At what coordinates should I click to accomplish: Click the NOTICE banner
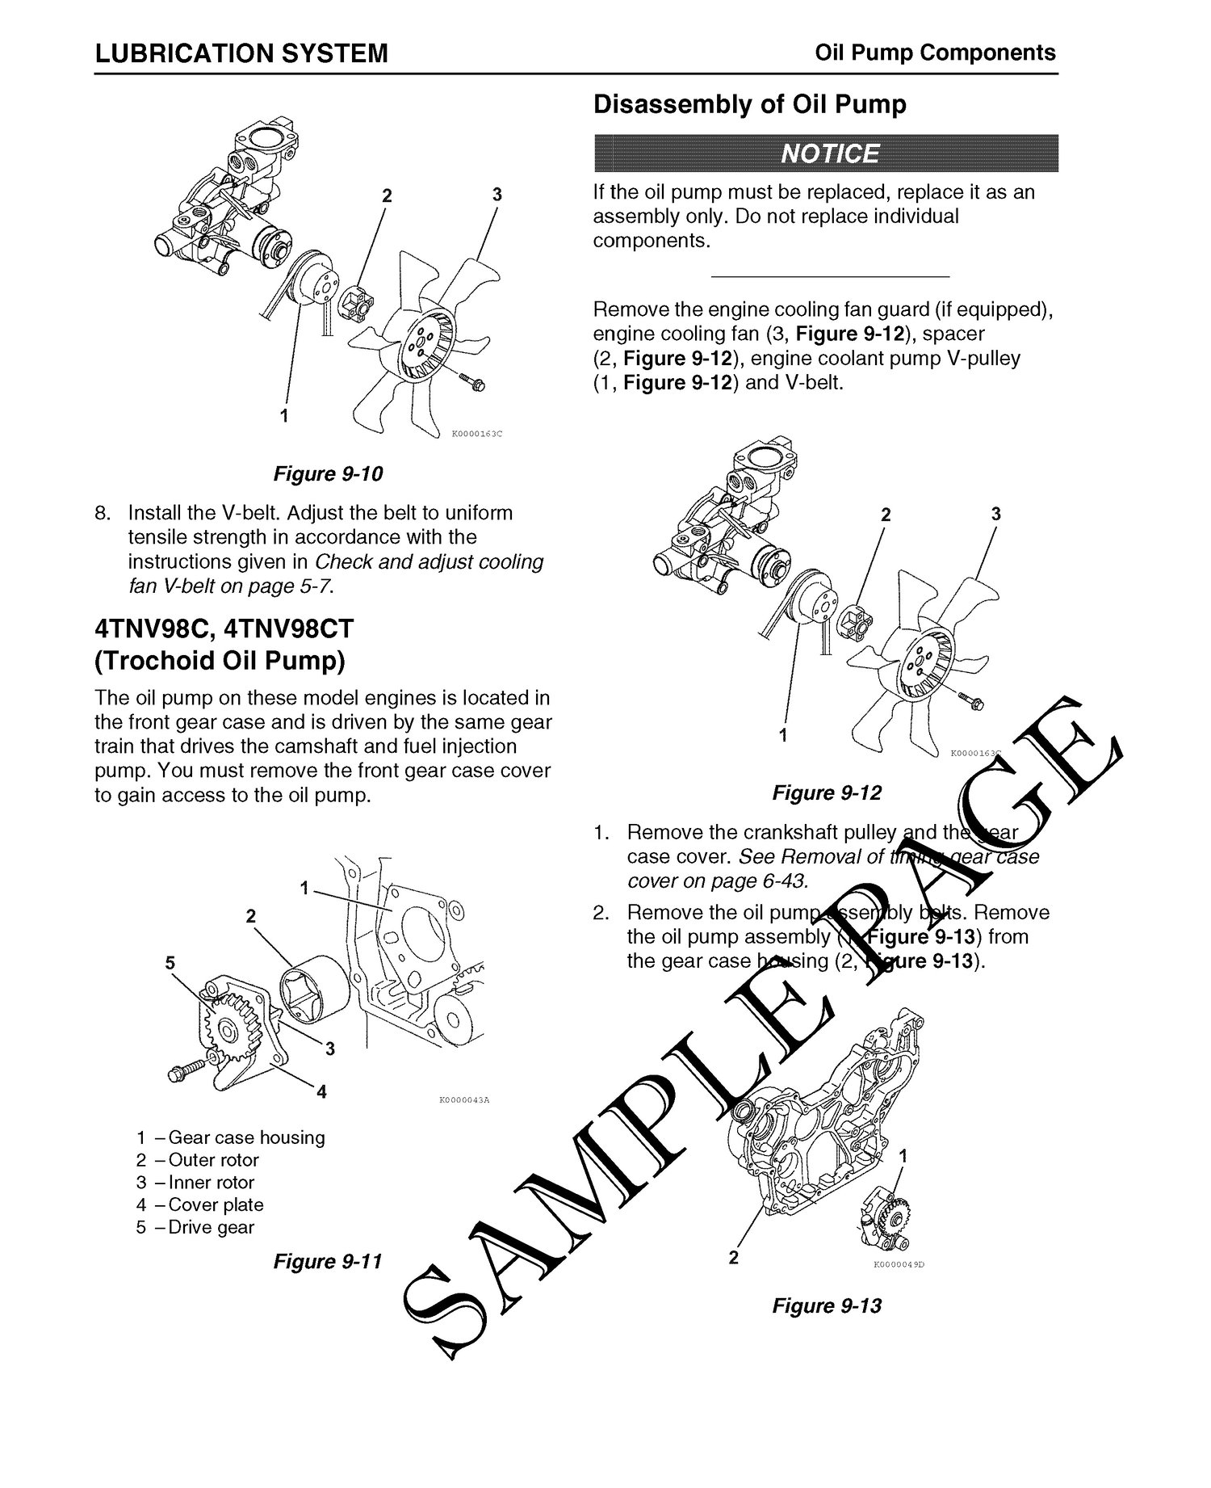coord(825,153)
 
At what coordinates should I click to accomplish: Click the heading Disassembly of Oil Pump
coord(749,105)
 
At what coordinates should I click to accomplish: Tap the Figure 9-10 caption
coord(328,473)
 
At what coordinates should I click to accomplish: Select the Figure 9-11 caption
coord(327,1261)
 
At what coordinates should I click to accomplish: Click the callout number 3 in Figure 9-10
coord(497,195)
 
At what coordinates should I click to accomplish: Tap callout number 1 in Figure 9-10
coord(283,416)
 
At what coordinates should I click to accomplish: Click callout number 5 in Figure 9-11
coord(170,963)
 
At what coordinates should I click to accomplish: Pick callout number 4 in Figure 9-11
coord(321,1092)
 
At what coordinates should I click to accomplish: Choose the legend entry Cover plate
coord(216,1204)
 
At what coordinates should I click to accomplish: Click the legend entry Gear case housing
coord(246,1137)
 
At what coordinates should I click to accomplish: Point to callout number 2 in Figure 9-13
coord(733,1257)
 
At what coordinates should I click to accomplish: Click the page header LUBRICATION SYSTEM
coord(241,53)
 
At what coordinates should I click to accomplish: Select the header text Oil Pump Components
coord(935,53)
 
